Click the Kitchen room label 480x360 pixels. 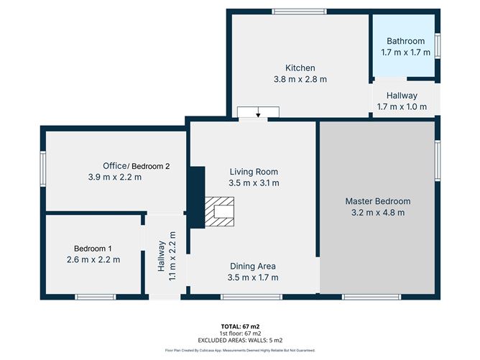(300, 68)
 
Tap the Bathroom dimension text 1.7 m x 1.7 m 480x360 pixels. (405, 52)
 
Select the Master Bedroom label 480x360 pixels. (377, 201)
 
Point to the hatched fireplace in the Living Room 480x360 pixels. (218, 213)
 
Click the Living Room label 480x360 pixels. (253, 172)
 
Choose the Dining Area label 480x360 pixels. (252, 266)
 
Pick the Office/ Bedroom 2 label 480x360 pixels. (136, 166)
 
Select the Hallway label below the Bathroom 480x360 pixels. (402, 96)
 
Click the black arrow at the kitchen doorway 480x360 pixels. (259, 111)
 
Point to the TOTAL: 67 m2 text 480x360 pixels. (240, 327)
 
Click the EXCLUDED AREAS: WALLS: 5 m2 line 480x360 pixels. (240, 340)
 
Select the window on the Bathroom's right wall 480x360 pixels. (438, 45)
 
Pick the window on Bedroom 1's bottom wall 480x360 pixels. (96, 296)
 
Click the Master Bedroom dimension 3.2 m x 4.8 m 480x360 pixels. (377, 213)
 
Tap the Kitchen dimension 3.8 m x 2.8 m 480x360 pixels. (300, 79)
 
